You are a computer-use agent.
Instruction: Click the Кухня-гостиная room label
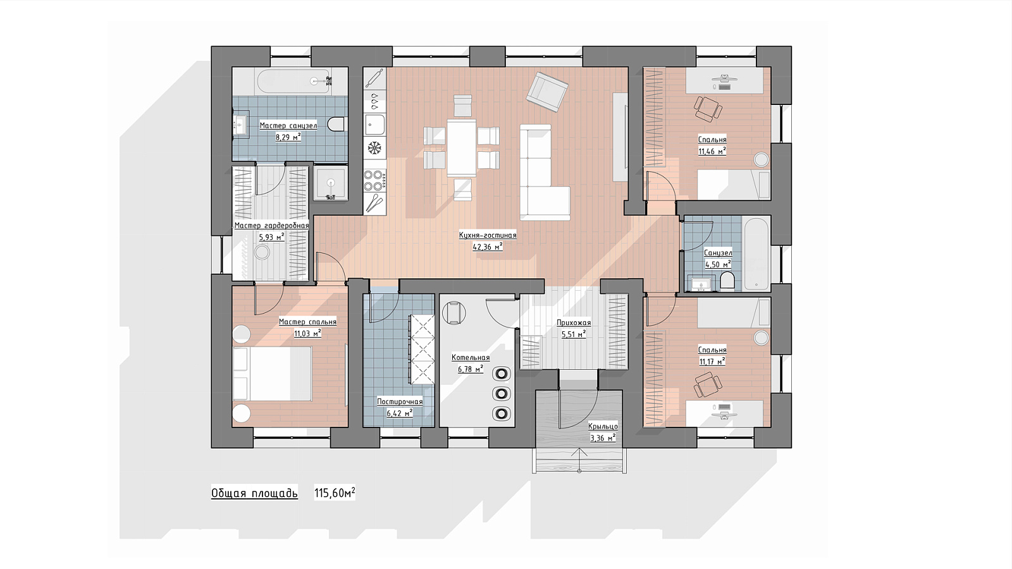click(x=488, y=235)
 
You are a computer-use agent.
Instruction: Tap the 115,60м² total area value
click(x=335, y=493)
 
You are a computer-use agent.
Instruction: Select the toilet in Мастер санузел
click(x=337, y=124)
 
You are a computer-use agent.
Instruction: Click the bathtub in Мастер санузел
click(x=293, y=82)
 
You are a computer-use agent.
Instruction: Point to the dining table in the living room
click(x=461, y=147)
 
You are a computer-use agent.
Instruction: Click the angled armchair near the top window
click(x=547, y=92)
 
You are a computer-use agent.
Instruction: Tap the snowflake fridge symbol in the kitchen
click(x=374, y=148)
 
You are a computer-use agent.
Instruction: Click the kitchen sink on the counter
click(x=375, y=125)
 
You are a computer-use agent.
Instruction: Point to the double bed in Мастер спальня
click(x=271, y=374)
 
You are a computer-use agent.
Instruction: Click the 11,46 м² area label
click(x=712, y=151)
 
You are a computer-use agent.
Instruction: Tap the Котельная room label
click(x=471, y=358)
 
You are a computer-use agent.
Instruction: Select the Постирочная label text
click(x=400, y=401)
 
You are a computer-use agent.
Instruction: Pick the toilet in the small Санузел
click(x=727, y=280)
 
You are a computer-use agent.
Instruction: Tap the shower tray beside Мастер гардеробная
click(x=331, y=183)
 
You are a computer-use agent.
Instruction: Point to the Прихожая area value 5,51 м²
click(x=573, y=334)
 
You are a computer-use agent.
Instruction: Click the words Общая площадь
click(x=254, y=493)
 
